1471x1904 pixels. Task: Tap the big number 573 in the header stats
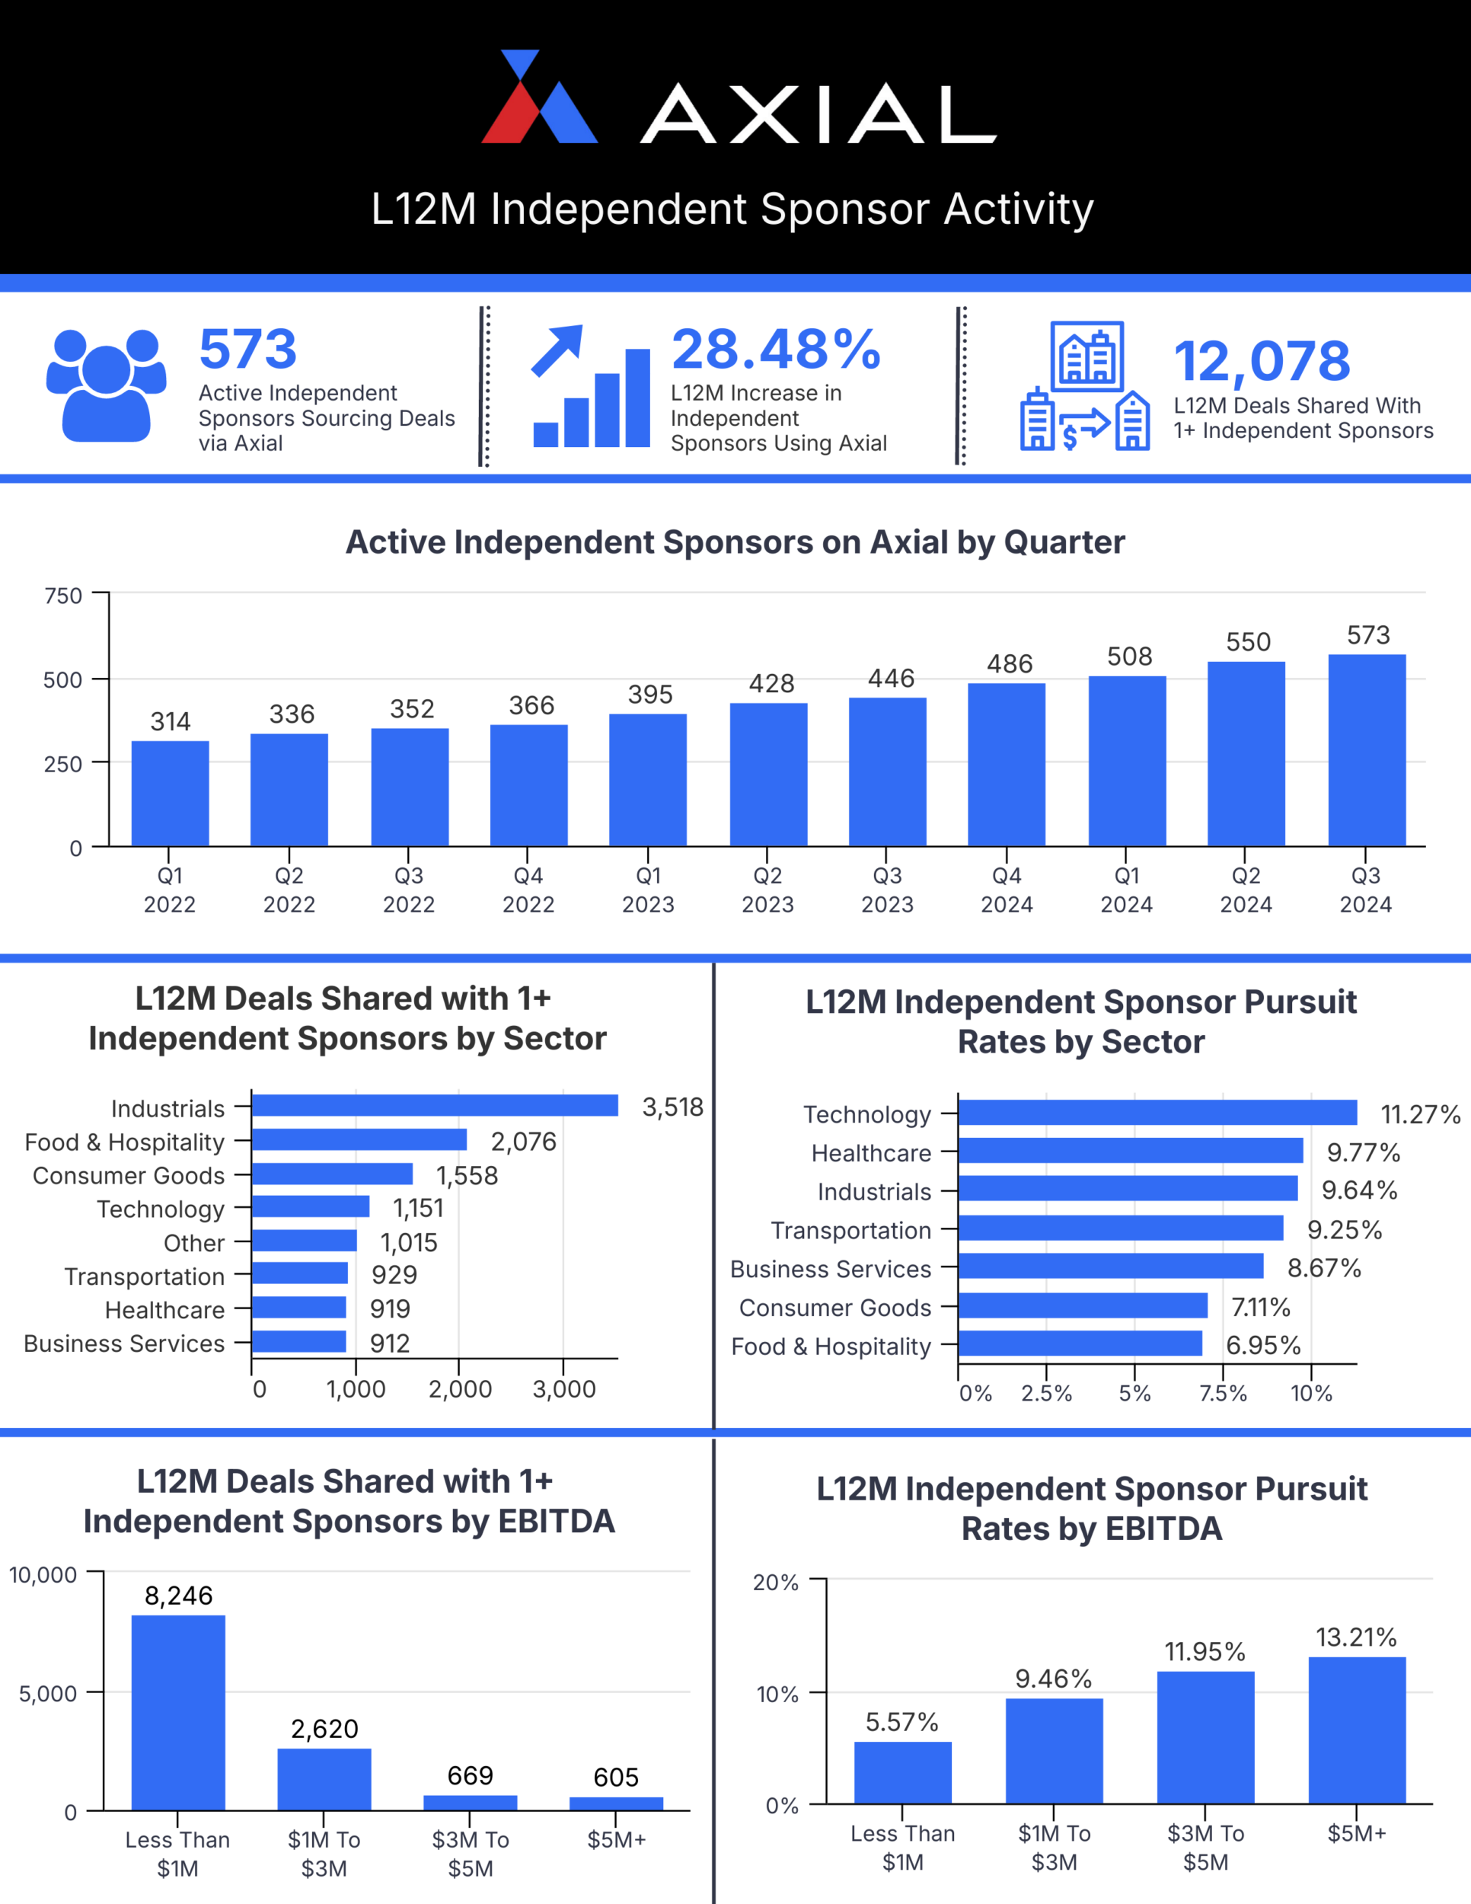248,350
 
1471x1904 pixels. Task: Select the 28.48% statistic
776,350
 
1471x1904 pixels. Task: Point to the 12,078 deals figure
1261,362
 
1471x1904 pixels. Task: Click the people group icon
107,385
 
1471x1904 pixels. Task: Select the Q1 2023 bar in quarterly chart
647,779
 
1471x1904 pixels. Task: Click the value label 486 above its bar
1009,664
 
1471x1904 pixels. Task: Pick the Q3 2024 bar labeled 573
1366,749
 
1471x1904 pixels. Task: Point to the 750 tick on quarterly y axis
64,596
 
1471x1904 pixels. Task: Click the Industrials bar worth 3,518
434,1105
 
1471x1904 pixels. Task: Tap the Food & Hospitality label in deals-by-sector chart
125,1142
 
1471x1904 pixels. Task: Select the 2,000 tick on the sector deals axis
459,1390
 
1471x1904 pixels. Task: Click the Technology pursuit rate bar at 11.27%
1157,1113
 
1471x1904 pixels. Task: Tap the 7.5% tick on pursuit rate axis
1222,1393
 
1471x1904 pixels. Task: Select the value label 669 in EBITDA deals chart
470,1776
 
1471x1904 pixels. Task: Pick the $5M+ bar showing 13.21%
1356,1730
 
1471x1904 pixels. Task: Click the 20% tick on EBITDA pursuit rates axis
776,1583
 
